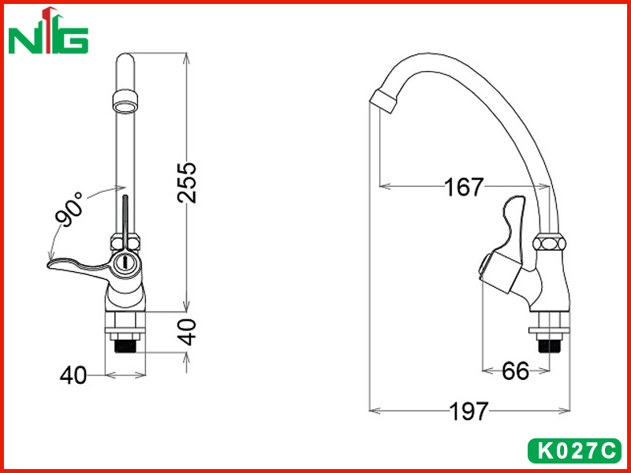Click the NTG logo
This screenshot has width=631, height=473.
coord(48,30)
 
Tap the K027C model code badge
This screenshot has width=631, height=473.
coord(574,450)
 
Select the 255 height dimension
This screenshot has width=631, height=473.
coord(187,182)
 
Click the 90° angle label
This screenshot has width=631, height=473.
coord(69,210)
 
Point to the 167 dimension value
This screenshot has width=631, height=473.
coord(464,187)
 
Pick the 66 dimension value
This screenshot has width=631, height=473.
coord(516,371)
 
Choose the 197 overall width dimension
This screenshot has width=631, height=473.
coord(469,411)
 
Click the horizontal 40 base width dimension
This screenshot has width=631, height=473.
coord(73,376)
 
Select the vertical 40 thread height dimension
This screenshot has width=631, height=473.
coord(187,332)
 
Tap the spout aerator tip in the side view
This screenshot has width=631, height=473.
coord(383,101)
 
